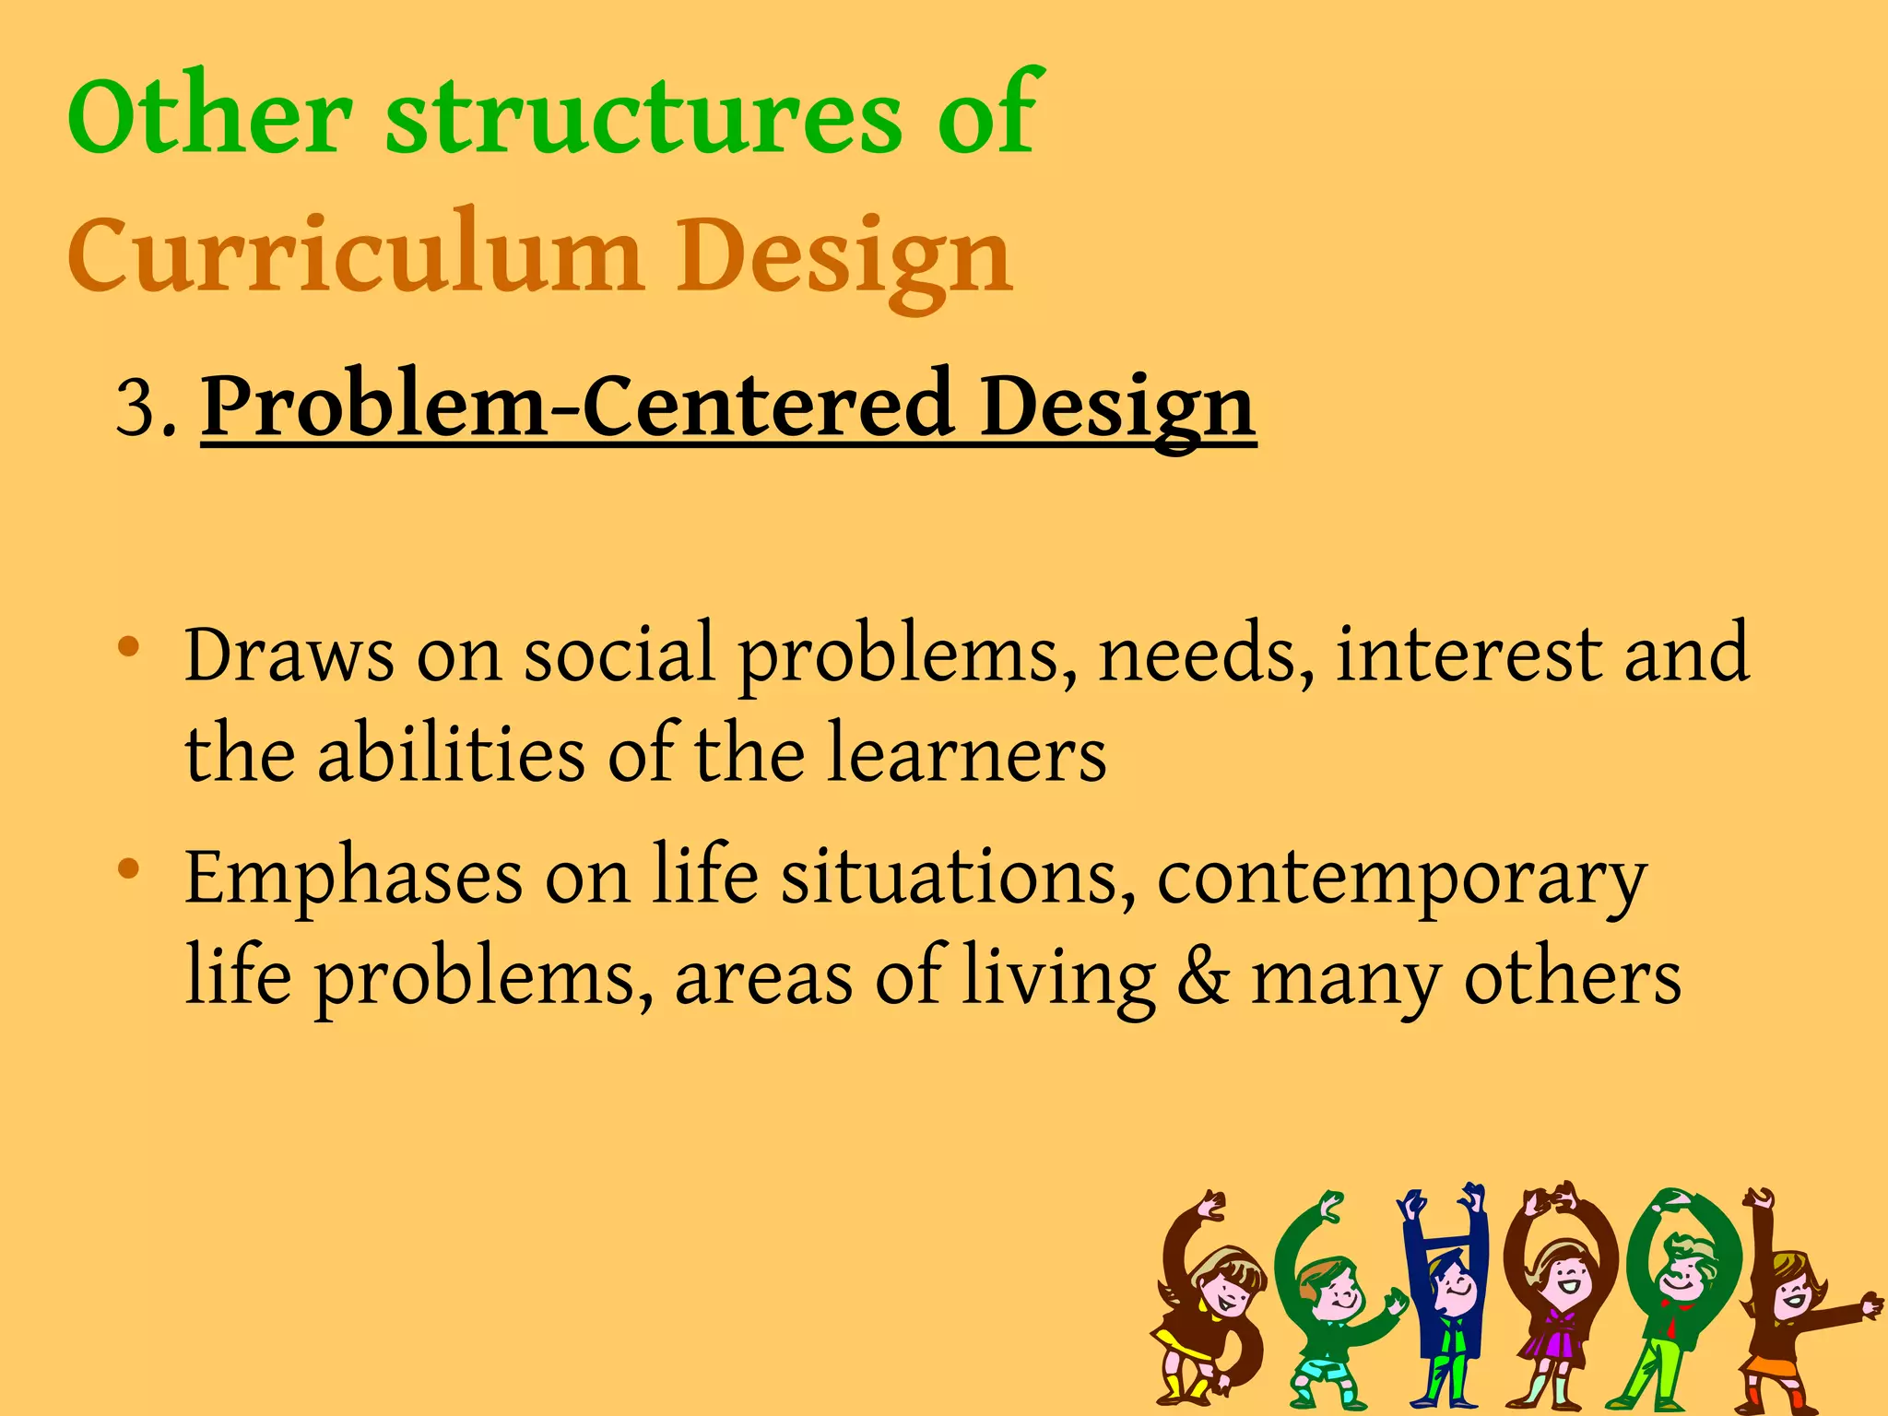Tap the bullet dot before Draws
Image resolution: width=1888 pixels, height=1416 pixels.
click(x=129, y=647)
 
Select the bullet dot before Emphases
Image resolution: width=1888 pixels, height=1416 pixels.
click(x=129, y=868)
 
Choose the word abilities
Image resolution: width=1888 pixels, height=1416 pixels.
click(x=451, y=754)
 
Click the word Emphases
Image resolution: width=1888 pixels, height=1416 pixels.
click(x=353, y=878)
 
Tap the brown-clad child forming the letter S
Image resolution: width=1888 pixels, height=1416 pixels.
click(x=1208, y=1300)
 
